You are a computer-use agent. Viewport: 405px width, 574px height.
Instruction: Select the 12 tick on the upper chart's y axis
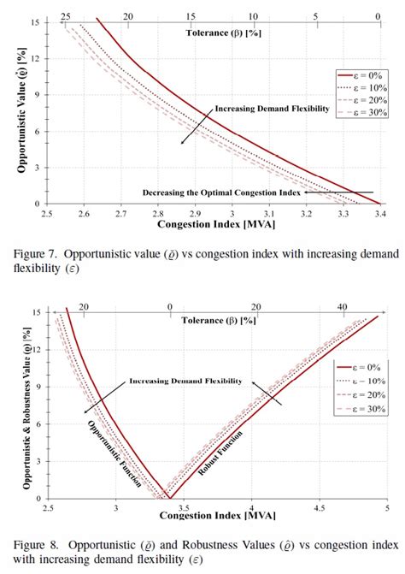36,58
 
